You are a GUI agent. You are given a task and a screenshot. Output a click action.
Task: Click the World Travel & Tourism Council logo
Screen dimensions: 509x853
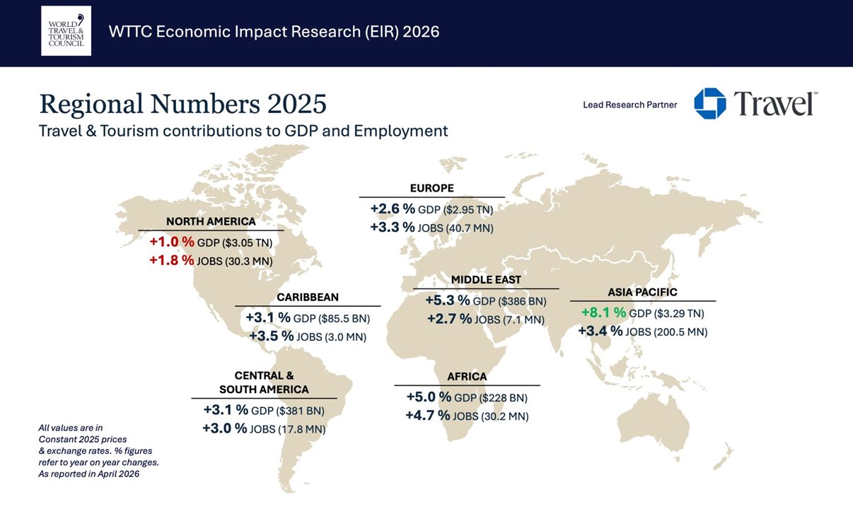point(66,31)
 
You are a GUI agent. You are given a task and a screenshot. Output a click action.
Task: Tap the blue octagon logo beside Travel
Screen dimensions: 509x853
point(709,104)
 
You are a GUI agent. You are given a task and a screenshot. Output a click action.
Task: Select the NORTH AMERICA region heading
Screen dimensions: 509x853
point(211,221)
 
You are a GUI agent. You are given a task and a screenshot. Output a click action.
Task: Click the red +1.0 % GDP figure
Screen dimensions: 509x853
point(171,242)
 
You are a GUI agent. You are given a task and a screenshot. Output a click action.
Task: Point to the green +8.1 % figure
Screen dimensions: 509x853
point(603,312)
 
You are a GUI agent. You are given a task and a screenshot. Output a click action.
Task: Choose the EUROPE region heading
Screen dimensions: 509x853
point(431,188)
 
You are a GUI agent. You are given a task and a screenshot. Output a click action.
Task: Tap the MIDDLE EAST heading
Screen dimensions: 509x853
point(486,280)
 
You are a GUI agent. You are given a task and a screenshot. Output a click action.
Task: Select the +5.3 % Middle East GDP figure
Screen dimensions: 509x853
point(448,301)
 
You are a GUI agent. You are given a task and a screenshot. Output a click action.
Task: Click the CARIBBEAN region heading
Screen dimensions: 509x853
point(308,297)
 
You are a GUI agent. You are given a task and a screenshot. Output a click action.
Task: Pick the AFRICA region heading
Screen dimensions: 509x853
point(467,377)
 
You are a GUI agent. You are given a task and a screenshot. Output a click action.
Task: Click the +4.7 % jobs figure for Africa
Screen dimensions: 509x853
point(427,416)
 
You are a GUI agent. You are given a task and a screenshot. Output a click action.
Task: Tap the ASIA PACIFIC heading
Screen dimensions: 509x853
point(642,292)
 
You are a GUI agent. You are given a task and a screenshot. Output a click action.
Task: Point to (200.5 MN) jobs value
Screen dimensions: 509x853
point(675,332)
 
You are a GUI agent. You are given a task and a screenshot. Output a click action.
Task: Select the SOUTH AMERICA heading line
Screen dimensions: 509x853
point(264,390)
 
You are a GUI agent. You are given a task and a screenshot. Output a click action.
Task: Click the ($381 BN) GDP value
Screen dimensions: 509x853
point(300,411)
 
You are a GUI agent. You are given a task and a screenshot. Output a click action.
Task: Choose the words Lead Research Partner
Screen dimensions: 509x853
point(629,105)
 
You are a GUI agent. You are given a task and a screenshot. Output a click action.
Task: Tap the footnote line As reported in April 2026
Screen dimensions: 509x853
point(88,474)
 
